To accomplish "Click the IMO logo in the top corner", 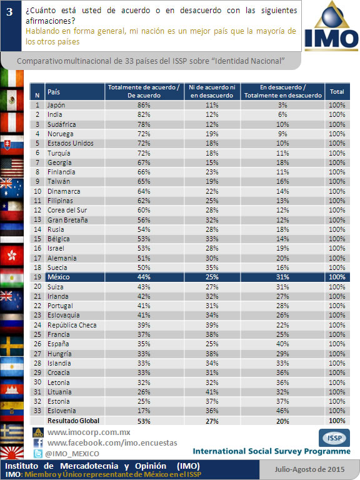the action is tap(331, 26).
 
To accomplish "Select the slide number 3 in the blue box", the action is tap(10, 12).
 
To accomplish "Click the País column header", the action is tap(54, 92).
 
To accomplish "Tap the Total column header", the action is tap(337, 91).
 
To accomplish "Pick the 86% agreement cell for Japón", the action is tap(144, 105).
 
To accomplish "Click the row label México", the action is tap(59, 277).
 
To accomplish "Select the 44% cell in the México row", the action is tap(144, 277).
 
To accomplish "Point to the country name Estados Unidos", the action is tap(71, 143).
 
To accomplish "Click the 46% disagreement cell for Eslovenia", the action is tap(282, 411).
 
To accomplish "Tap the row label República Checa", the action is tap(72, 325).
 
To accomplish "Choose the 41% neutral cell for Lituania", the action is tap(212, 392).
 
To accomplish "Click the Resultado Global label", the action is tap(74, 421).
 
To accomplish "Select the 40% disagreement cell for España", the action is tap(282, 344).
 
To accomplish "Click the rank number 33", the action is tap(37, 411).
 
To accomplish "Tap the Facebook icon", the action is tap(38, 443).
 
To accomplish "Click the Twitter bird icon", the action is tap(38, 454).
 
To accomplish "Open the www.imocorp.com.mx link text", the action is tap(89, 432).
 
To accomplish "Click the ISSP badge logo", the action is tap(334, 438).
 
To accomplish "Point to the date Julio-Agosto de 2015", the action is tap(309, 469).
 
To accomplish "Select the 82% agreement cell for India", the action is tap(144, 114).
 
